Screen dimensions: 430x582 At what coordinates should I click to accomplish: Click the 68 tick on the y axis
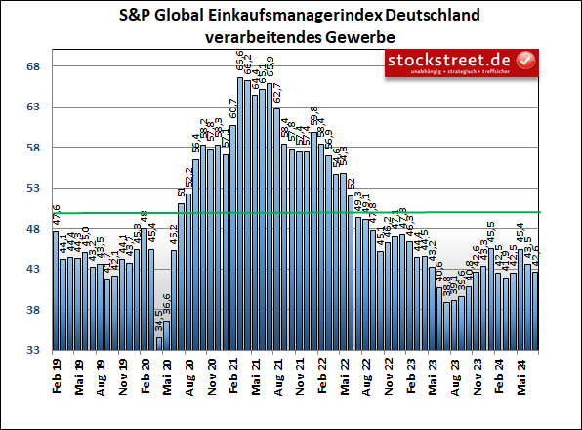[32, 66]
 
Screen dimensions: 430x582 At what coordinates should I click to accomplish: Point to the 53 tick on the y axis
[32, 188]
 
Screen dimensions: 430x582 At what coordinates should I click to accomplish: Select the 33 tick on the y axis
[32, 350]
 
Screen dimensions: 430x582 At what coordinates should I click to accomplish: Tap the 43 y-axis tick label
[32, 269]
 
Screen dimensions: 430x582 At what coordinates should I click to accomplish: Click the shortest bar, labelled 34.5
[159, 343]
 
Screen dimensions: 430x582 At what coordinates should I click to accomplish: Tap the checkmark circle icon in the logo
[526, 61]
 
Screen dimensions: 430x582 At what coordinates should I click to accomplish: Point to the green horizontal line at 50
[293, 212]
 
